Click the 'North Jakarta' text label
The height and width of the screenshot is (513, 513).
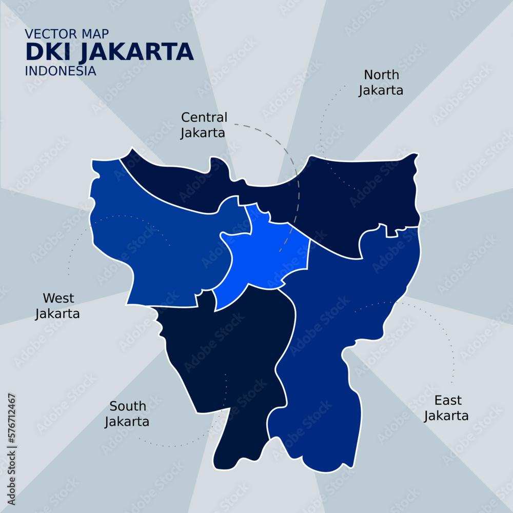click(381, 83)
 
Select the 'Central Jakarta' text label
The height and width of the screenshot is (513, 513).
click(204, 125)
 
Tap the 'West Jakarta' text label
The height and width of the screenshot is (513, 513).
click(57, 306)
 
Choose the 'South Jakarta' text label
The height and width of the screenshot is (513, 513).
click(127, 414)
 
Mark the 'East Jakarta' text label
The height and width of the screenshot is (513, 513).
click(446, 408)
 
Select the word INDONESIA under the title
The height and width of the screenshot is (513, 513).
click(61, 71)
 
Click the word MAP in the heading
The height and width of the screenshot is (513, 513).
click(95, 34)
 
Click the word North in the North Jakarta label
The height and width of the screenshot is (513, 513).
click(381, 75)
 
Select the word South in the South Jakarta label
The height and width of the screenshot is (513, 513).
click(128, 406)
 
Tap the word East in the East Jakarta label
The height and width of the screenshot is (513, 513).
click(448, 400)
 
